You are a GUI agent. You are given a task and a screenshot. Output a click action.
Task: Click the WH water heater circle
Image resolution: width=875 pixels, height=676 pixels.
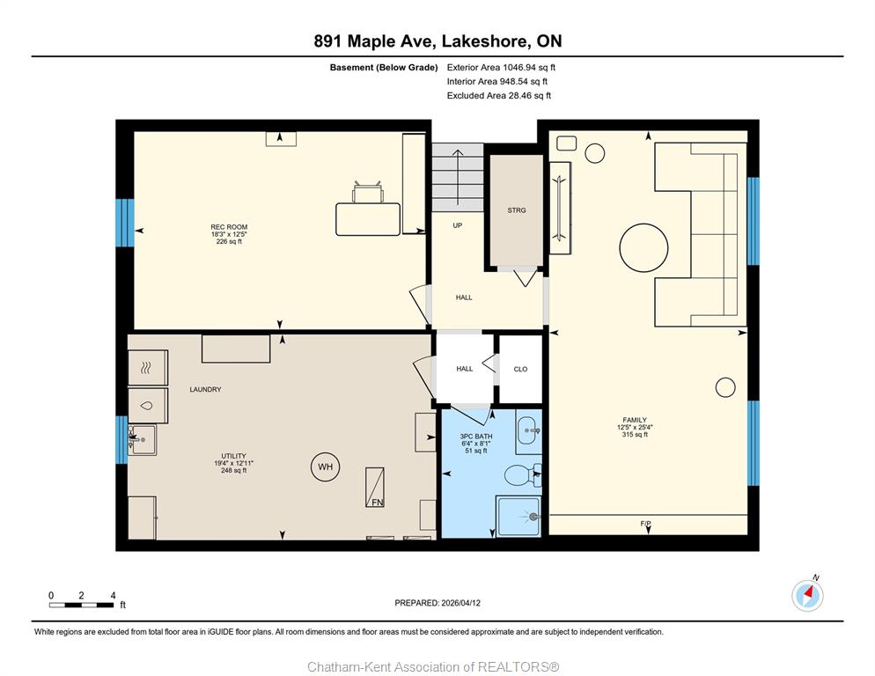coord(326,467)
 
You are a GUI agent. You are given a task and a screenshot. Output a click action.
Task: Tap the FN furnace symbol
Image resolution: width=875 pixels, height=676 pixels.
coord(375,488)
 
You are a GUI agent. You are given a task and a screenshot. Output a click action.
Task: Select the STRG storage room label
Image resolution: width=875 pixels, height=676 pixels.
coord(517,210)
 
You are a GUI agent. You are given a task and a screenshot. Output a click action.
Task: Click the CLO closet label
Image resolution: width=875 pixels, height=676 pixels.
coord(520,369)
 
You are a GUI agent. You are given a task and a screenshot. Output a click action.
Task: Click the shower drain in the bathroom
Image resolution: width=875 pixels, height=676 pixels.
coord(534,517)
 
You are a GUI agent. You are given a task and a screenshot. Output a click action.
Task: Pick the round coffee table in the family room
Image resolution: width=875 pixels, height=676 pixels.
coord(643,248)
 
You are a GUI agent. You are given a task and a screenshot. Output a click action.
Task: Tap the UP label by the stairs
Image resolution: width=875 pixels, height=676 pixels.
coord(458,225)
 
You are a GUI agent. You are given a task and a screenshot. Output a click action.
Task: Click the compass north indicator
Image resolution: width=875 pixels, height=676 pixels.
coord(807,595)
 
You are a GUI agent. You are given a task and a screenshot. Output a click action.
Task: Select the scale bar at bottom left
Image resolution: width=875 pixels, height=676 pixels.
coord(82,605)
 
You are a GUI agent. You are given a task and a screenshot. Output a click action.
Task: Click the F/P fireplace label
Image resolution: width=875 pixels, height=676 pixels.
coord(645,524)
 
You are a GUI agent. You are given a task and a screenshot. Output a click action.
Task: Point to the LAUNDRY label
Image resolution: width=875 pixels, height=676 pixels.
coord(205,390)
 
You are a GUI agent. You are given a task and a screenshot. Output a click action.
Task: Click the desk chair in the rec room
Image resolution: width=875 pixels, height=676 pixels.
coord(367,192)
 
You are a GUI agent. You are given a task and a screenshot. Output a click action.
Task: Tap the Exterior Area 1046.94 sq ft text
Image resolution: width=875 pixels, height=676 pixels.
coord(501,68)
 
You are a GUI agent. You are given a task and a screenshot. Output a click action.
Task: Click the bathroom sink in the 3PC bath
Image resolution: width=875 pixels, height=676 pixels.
coord(528,431)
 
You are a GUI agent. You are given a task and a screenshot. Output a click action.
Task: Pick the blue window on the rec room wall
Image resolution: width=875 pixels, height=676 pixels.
coord(124,223)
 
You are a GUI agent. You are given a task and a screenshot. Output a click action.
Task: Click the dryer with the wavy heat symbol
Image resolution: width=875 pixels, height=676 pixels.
coord(147,367)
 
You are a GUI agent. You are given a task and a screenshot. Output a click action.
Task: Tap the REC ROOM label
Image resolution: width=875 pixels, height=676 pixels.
coord(229,227)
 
